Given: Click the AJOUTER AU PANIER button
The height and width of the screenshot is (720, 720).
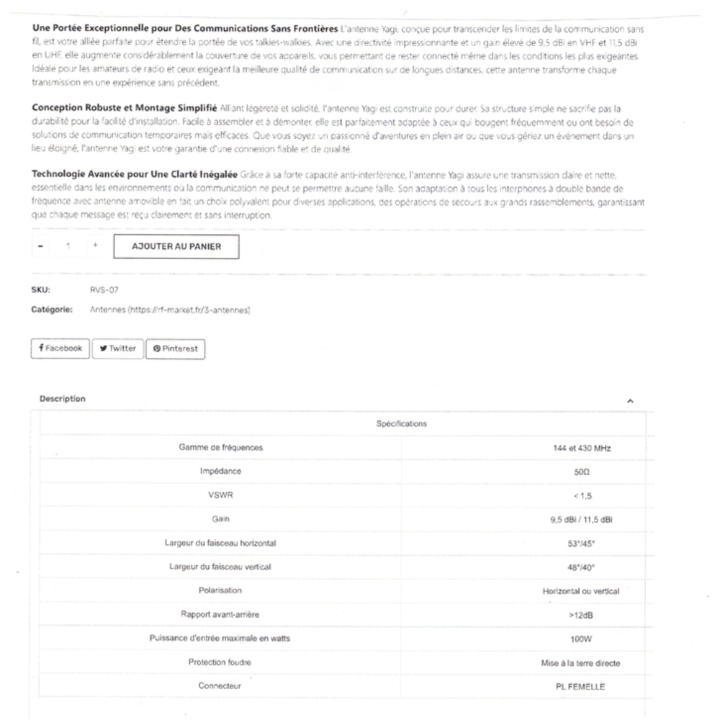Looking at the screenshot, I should [176, 246].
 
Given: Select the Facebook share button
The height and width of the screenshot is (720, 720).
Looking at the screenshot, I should [60, 348].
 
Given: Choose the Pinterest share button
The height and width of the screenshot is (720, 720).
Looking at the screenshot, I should [175, 349].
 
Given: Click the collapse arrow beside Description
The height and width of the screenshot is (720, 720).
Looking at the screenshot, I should [630, 400].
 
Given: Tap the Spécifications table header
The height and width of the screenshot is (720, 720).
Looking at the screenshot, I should [401, 423].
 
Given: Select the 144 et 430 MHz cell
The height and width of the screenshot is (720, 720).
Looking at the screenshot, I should [580, 448].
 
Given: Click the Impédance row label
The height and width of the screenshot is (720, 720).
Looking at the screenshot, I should [220, 472].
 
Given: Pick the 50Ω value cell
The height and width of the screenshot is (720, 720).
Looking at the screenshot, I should [580, 472].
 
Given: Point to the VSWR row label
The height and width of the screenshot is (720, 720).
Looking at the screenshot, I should [220, 495].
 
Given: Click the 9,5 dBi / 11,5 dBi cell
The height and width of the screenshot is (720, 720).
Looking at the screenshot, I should [580, 519].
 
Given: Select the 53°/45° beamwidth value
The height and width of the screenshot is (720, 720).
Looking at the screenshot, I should [580, 544].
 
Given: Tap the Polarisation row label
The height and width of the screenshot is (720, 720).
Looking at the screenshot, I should [220, 590].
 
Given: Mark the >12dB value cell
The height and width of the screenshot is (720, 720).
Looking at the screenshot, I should [580, 615].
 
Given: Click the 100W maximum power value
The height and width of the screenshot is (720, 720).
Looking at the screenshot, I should [580, 639].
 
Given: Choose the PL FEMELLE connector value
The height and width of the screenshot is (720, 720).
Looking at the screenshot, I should [580, 686].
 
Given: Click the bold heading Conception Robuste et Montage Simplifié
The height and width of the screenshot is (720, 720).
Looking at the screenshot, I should [125, 107].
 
